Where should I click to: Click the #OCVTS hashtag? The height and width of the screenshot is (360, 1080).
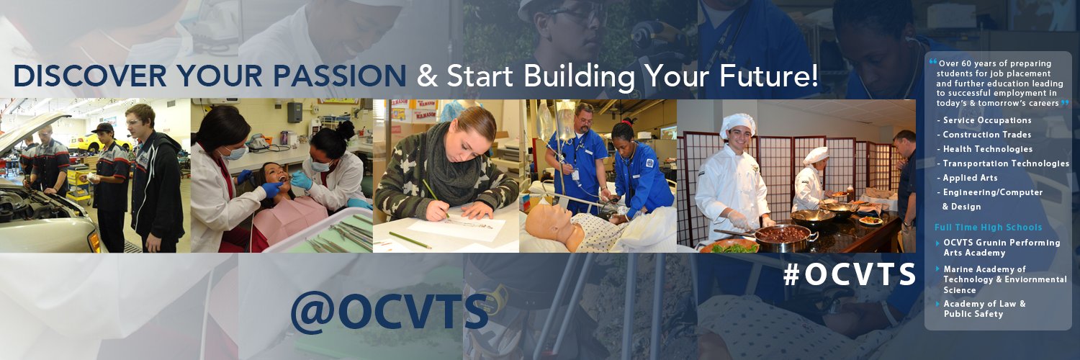click(850, 274)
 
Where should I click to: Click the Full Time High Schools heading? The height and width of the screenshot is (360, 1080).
click(988, 228)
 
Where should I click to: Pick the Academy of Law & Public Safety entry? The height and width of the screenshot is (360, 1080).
click(984, 309)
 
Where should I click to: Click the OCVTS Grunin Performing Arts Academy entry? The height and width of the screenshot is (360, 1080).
click(1001, 248)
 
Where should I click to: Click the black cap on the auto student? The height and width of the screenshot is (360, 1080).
click(104, 127)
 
